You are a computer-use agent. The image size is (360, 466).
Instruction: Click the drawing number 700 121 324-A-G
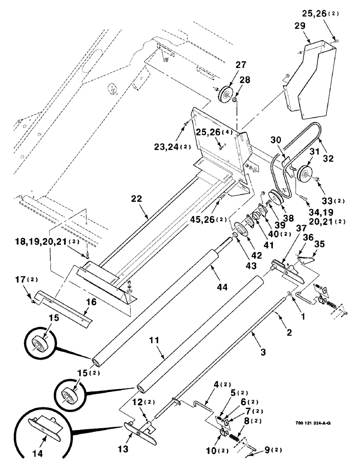pyautogui.click(x=314, y=424)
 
